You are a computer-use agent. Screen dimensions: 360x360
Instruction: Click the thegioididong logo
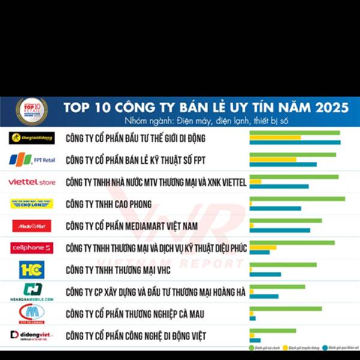[x=32, y=137]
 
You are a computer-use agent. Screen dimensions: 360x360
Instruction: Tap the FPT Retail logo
[x=31, y=160]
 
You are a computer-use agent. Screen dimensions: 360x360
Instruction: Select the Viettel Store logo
[x=31, y=182]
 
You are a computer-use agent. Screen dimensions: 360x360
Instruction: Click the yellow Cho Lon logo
[x=32, y=203]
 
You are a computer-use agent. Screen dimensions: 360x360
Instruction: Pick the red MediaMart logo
[x=32, y=226]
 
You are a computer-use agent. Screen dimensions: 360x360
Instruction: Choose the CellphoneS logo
[x=31, y=247]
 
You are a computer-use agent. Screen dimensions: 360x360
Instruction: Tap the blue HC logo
[x=32, y=269]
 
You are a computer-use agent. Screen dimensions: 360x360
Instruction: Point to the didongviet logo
[x=31, y=335]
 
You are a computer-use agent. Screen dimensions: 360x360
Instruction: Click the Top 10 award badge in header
[x=31, y=110]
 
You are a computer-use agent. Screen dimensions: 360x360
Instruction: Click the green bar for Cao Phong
[x=297, y=199]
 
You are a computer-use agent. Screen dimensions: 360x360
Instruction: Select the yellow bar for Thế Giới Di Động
[x=275, y=137]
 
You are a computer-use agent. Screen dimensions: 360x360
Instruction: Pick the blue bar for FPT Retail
[x=283, y=164]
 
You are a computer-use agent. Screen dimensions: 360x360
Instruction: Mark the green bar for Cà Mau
[x=286, y=308]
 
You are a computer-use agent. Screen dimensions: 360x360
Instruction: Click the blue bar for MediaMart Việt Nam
[x=280, y=230]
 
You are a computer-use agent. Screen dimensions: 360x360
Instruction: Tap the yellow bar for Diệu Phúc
[x=263, y=247]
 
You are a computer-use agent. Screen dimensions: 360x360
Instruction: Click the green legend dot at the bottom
[x=251, y=348]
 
